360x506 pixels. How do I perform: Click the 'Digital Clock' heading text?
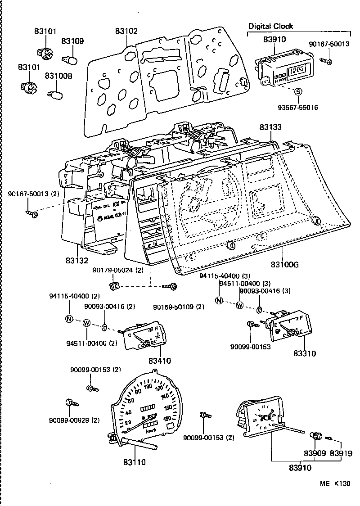tap(270, 26)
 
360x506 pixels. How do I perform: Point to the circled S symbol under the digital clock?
tap(297, 92)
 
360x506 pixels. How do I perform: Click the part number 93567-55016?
tap(297, 108)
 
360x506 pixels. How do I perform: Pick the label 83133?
tap(270, 127)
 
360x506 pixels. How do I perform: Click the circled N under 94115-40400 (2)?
tap(69, 319)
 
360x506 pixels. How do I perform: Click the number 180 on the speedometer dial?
tap(167, 419)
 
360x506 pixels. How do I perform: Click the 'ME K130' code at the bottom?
tap(335, 484)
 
